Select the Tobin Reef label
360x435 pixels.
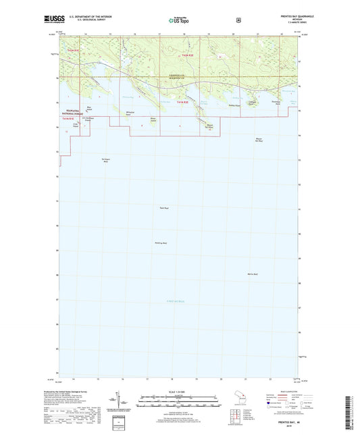click(x=162, y=207)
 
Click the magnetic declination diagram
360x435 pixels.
click(x=122, y=400)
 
